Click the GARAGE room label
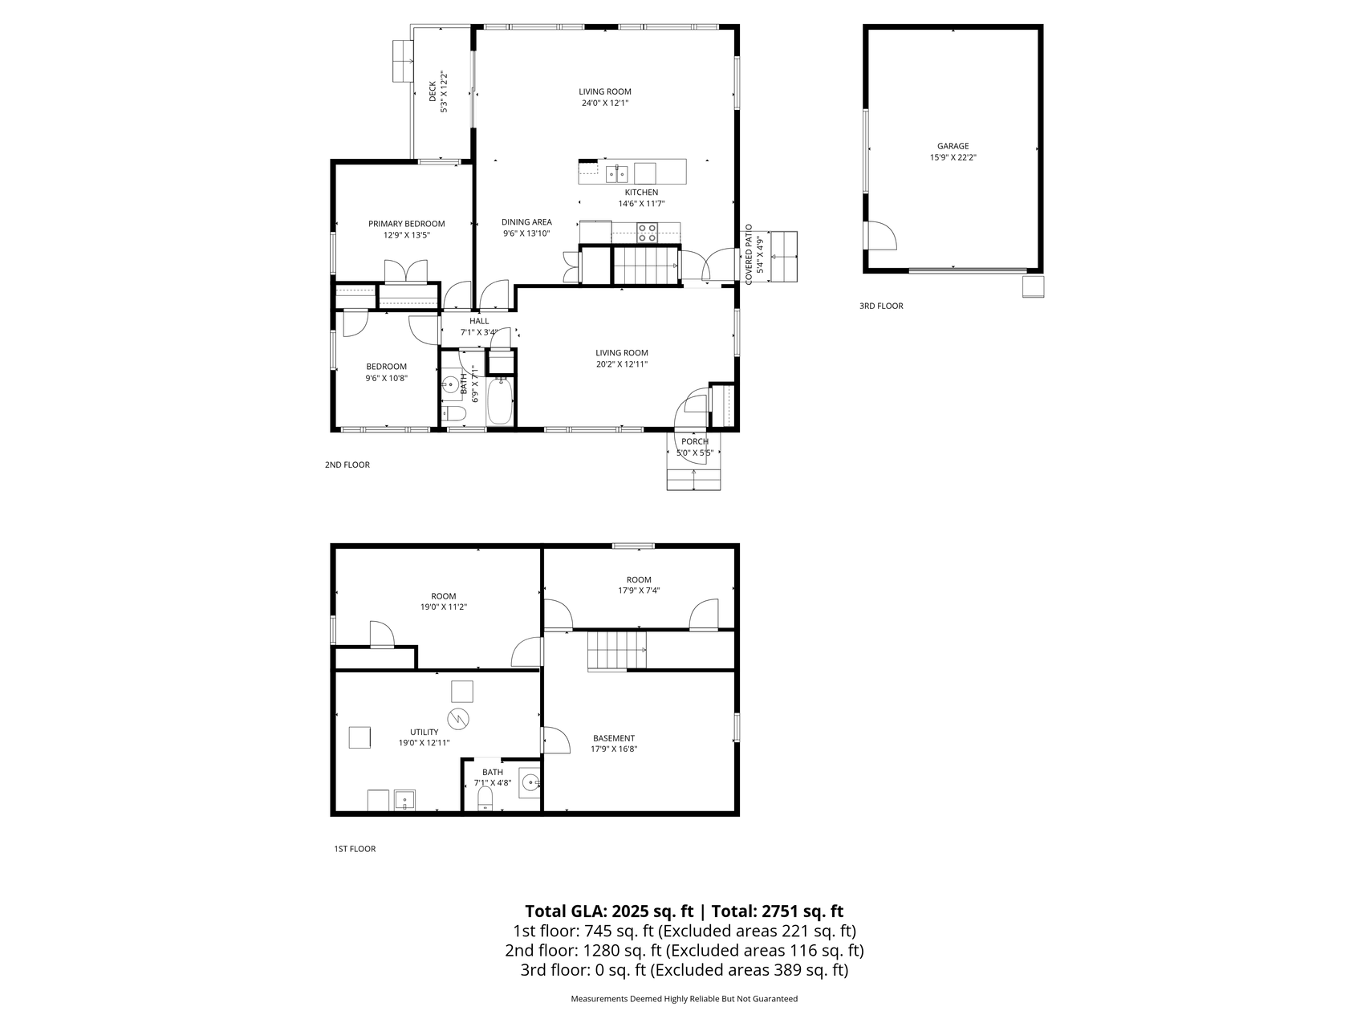click(953, 146)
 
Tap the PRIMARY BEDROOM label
click(406, 224)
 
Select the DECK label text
click(433, 91)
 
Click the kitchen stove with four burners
click(647, 233)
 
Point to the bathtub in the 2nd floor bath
click(499, 401)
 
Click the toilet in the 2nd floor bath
click(454, 414)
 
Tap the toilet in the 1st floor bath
click(485, 798)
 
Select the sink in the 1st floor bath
click(530, 781)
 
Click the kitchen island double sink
click(616, 173)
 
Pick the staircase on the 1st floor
click(617, 651)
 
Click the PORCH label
click(695, 441)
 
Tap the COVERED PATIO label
click(749, 254)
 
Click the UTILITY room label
click(424, 732)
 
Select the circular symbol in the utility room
click(458, 718)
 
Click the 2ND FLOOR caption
click(347, 465)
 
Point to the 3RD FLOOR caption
click(881, 306)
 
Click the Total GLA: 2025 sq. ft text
click(609, 911)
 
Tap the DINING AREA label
click(526, 222)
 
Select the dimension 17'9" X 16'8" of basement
click(615, 749)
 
